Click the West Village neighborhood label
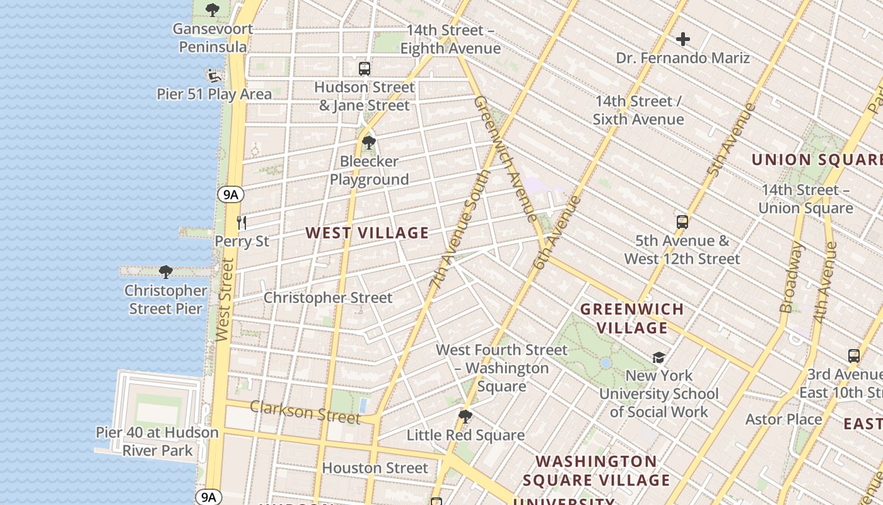click(x=367, y=233)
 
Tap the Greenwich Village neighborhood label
click(x=632, y=318)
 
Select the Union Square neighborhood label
click(x=816, y=160)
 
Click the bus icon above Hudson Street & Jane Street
click(x=365, y=69)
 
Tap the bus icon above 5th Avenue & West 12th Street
click(x=682, y=222)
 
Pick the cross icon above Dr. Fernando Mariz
click(x=683, y=40)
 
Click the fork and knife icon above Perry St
click(x=241, y=222)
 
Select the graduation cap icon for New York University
click(x=659, y=358)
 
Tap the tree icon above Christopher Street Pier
click(x=166, y=272)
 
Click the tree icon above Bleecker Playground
click(x=369, y=143)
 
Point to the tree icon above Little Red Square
click(x=465, y=417)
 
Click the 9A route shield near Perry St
click(x=231, y=194)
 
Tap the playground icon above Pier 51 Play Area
click(x=214, y=76)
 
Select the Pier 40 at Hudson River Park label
click(x=157, y=441)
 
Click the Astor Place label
click(x=784, y=419)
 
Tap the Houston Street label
click(x=375, y=468)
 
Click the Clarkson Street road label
click(x=305, y=412)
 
